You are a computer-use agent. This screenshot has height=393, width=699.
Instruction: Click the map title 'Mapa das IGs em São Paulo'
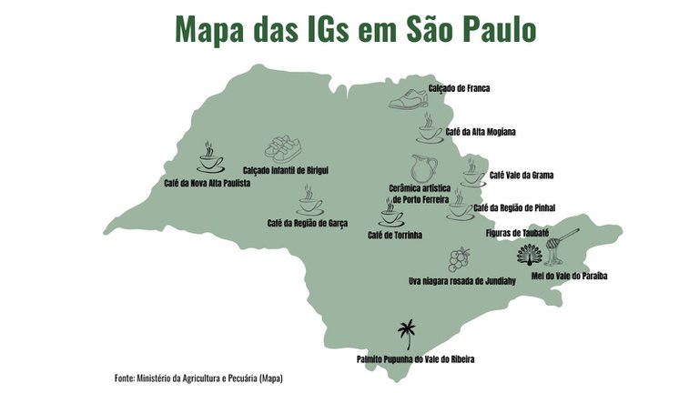356,28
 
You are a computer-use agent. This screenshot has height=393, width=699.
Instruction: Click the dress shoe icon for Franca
407,98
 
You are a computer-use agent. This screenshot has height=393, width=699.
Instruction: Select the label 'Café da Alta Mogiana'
481,132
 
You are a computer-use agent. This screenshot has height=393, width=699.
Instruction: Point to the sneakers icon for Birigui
283,148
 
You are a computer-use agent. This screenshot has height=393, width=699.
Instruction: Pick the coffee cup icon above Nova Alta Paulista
210,158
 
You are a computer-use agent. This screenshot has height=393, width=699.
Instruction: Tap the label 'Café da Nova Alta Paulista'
207,182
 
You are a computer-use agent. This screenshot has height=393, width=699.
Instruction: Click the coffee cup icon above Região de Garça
309,201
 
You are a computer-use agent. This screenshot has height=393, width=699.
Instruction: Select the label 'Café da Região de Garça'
307,223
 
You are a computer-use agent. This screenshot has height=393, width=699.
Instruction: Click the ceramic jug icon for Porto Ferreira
423,168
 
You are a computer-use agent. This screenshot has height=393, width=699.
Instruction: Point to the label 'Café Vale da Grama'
522,174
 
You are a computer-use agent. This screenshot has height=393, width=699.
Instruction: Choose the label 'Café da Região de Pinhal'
515,207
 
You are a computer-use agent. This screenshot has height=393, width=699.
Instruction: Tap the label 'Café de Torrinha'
395,235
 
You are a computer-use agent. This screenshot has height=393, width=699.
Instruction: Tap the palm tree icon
407,336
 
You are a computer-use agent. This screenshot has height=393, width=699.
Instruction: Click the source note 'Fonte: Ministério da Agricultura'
205,377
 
